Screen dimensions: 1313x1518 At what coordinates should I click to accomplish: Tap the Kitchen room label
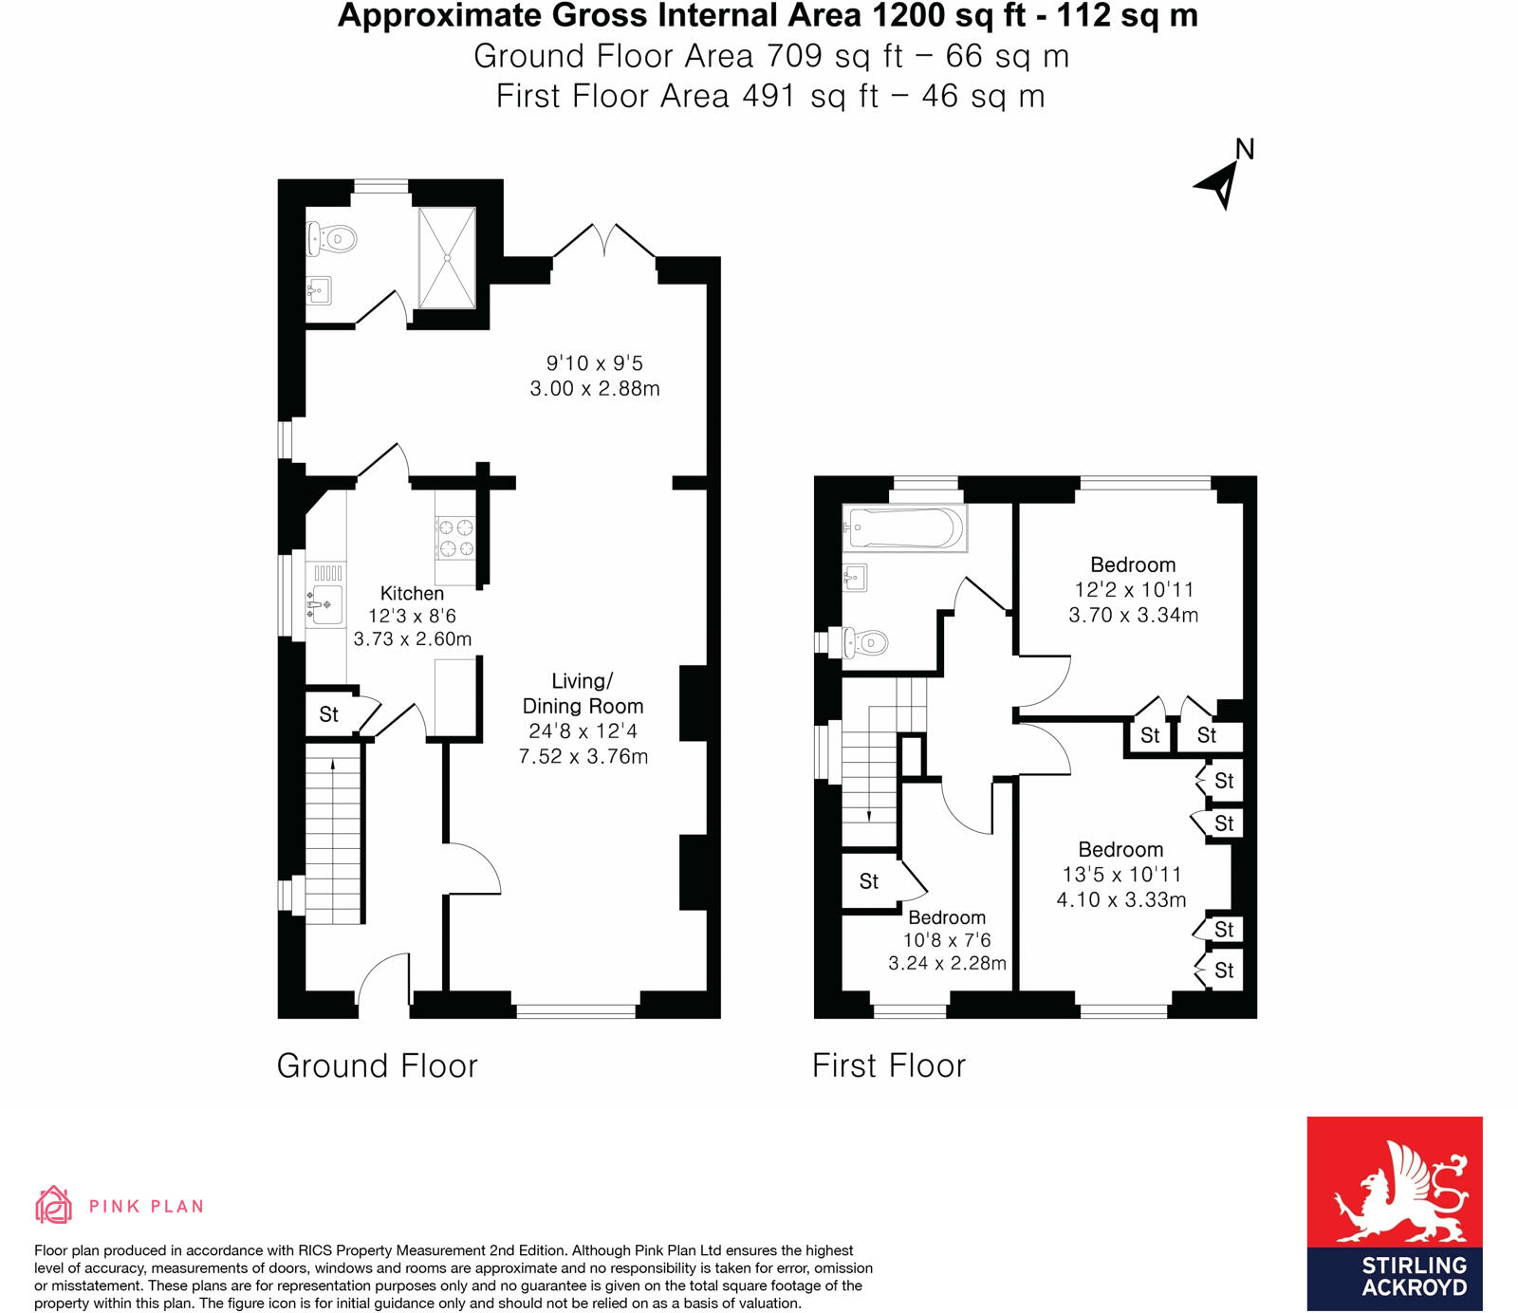pyautogui.click(x=412, y=594)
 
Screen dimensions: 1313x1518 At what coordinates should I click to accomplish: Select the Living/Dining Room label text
pyautogui.click(x=583, y=693)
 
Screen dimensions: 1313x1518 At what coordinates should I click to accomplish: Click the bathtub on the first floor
pyautogui.click(x=905, y=528)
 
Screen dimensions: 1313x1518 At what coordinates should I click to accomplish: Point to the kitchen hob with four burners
pyautogui.click(x=454, y=538)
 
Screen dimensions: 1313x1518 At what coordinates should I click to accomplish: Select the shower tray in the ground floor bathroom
pyautogui.click(x=447, y=257)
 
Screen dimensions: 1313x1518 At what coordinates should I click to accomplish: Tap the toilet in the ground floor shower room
pyautogui.click(x=331, y=238)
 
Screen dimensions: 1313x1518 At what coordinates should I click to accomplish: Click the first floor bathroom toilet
pyautogui.click(x=866, y=643)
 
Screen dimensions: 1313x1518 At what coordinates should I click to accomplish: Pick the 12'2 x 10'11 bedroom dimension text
pyautogui.click(x=1134, y=590)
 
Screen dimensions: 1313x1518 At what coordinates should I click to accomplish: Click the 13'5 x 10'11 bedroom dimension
pyautogui.click(x=1121, y=875)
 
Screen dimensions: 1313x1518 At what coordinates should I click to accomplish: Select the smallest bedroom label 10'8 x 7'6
pyautogui.click(x=947, y=940)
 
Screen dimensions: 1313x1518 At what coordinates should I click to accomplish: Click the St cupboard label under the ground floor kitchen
pyautogui.click(x=328, y=715)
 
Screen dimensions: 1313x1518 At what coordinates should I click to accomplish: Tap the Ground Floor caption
pyautogui.click(x=377, y=1065)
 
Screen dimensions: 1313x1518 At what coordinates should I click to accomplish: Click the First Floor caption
pyautogui.click(x=888, y=1065)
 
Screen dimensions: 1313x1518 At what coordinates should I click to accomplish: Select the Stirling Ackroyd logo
pyautogui.click(x=1394, y=1213)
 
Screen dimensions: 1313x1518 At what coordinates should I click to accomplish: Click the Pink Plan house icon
pyautogui.click(x=53, y=1205)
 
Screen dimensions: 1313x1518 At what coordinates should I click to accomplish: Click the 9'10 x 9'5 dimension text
pyautogui.click(x=595, y=363)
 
